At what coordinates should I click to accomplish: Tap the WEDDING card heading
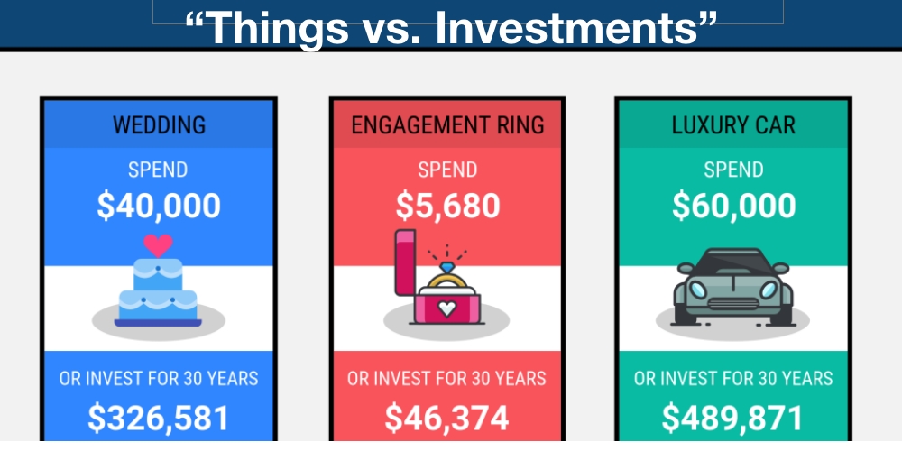click(159, 124)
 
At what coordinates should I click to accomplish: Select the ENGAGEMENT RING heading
click(447, 124)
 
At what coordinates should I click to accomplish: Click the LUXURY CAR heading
click(733, 124)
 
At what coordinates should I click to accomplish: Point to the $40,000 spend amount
click(159, 206)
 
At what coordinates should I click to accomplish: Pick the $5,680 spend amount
click(447, 206)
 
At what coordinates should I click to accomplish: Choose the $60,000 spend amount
click(733, 206)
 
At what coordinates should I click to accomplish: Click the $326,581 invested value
click(159, 418)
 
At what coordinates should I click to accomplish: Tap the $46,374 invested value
click(447, 418)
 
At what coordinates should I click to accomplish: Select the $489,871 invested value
click(733, 418)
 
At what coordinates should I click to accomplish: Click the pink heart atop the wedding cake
click(159, 244)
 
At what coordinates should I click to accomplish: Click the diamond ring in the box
click(447, 271)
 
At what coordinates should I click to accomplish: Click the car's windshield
click(733, 267)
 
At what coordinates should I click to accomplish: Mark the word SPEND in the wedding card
click(159, 170)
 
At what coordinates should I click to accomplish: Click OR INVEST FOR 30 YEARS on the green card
click(733, 378)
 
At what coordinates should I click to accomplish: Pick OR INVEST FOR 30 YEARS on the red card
click(447, 378)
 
